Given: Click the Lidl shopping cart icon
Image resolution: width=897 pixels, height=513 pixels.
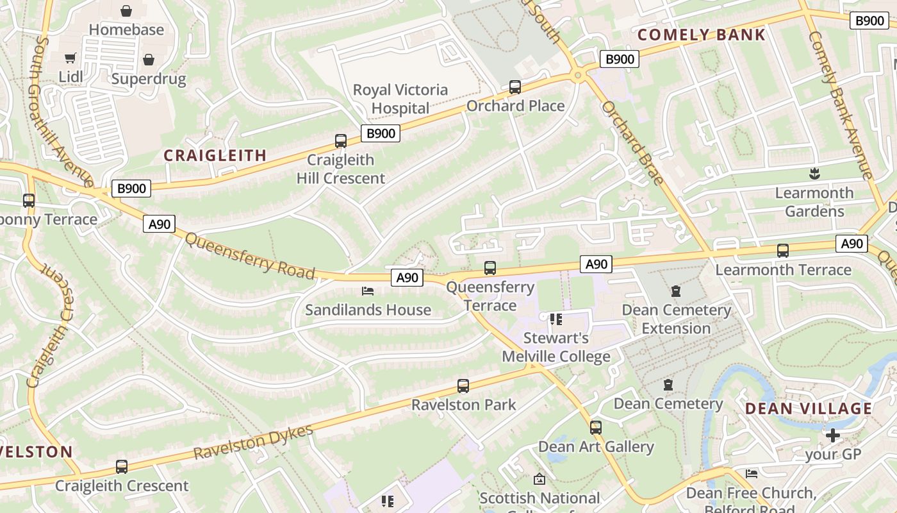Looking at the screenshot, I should (x=70, y=58).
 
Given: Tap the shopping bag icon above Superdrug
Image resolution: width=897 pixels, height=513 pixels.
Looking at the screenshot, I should (x=149, y=60).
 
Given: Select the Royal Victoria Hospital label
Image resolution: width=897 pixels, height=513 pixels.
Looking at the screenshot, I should (x=400, y=99).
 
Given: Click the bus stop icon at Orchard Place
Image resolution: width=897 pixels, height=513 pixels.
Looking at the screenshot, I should (x=514, y=87).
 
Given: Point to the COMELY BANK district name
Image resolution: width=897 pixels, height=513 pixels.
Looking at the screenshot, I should (x=702, y=35).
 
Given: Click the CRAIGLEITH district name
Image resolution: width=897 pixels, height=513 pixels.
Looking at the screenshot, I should (x=215, y=155).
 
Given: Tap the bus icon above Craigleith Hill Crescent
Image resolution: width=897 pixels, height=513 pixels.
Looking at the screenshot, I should (x=341, y=141).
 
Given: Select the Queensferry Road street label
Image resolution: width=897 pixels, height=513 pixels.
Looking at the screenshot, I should (x=250, y=255).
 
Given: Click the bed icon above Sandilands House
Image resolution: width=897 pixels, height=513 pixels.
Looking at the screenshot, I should (x=368, y=291).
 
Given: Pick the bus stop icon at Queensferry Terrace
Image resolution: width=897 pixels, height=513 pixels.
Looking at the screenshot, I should (x=490, y=268).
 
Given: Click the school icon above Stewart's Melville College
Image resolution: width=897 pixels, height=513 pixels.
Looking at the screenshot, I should (x=555, y=319).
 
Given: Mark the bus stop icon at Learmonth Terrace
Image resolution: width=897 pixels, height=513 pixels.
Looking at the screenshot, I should (x=783, y=251).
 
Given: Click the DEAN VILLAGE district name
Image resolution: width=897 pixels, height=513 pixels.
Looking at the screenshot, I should (x=809, y=408).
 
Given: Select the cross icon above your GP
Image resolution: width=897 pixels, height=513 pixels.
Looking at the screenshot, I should (x=832, y=436).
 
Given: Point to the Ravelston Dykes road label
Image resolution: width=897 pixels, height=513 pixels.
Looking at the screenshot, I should (x=253, y=442).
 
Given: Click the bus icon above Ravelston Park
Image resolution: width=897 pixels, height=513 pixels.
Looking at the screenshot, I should (x=463, y=386).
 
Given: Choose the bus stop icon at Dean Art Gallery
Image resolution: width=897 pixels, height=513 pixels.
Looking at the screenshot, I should (x=596, y=428).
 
